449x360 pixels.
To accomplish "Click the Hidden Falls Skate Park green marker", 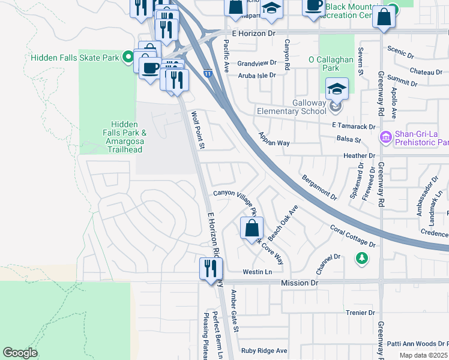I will coord(128,58).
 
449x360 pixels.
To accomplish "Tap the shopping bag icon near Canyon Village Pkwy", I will coord(251,228).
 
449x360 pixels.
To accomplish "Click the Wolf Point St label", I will coord(199,130).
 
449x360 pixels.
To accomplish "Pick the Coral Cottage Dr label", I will coord(353,236).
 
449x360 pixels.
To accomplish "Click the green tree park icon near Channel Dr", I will coord(361,258).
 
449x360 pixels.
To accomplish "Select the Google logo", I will coord(20,353).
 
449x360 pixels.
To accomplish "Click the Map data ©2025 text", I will coord(423,355).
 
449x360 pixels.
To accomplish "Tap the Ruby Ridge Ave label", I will coord(264,351).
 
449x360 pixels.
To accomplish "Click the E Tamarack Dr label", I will coord(353,126).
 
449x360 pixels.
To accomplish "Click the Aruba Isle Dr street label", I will coord(256,75).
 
